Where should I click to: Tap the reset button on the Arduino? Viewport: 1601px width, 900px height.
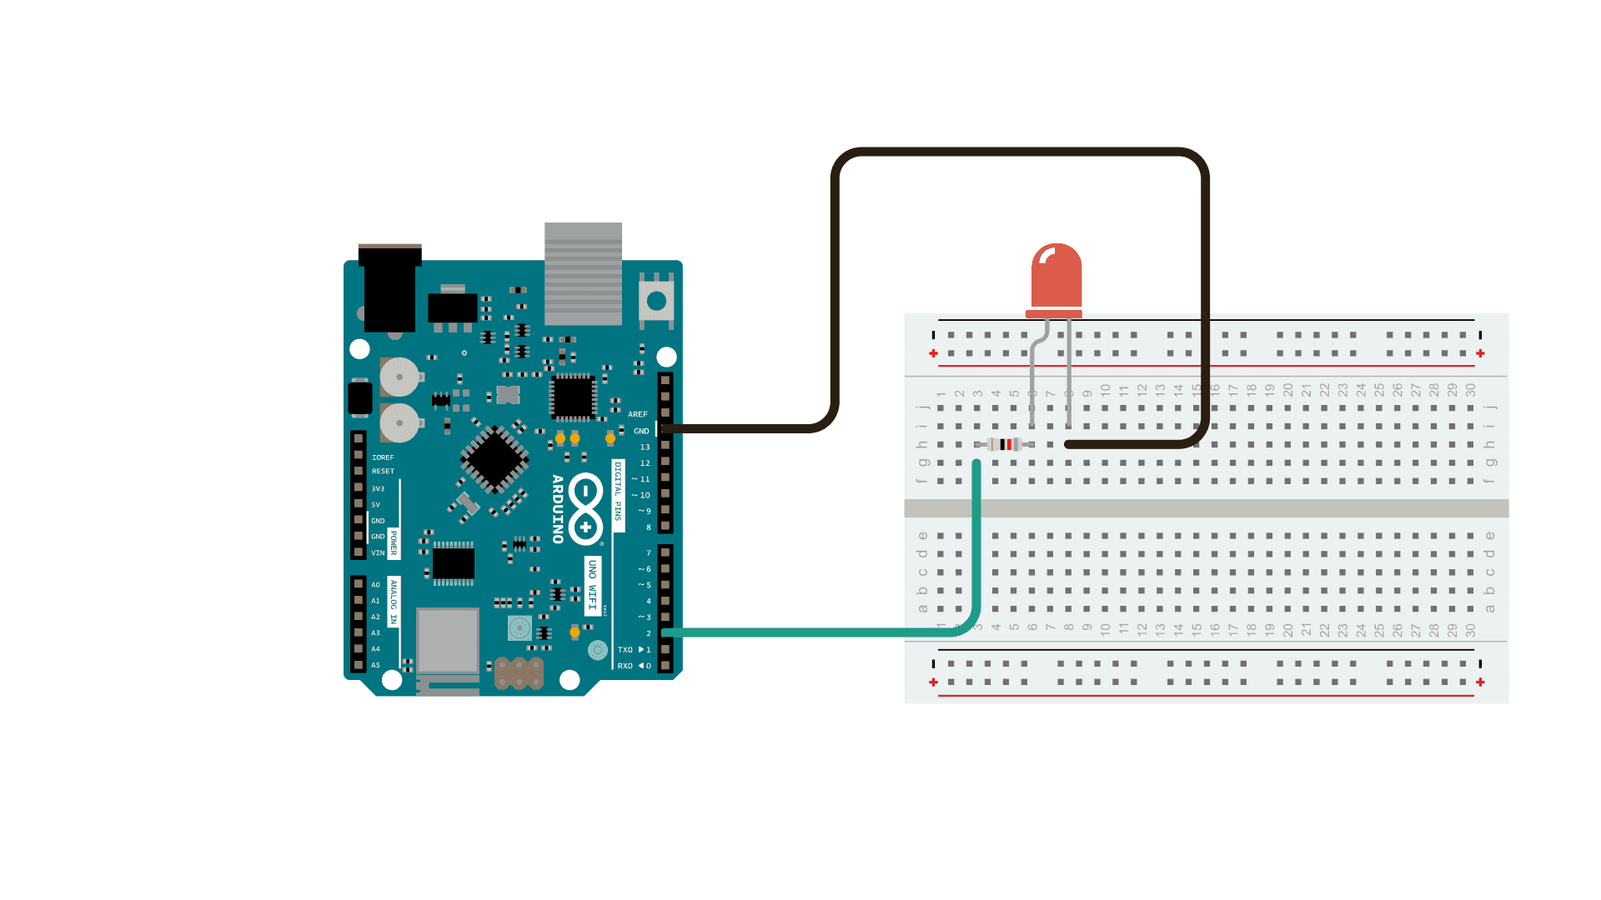(x=656, y=300)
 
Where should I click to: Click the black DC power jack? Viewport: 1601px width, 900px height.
(x=389, y=287)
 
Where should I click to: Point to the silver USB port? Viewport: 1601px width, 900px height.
(x=583, y=272)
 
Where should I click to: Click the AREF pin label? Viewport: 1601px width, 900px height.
(x=638, y=414)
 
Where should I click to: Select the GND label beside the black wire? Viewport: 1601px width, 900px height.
(x=641, y=431)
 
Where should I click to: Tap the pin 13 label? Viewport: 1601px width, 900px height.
(x=645, y=447)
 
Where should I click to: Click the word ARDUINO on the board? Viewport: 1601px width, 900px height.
(x=558, y=509)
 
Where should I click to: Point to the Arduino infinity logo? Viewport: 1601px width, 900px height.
(x=586, y=509)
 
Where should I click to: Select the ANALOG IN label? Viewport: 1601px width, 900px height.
(x=394, y=602)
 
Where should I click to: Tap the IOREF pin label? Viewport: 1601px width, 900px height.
(x=383, y=457)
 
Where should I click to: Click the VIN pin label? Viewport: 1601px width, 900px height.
(x=378, y=552)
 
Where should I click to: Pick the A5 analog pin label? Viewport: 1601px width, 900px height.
(x=375, y=665)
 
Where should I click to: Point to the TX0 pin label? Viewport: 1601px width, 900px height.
(x=625, y=650)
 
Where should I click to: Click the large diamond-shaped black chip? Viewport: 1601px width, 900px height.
(x=494, y=458)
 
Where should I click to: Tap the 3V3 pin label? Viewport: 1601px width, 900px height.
(x=378, y=489)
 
